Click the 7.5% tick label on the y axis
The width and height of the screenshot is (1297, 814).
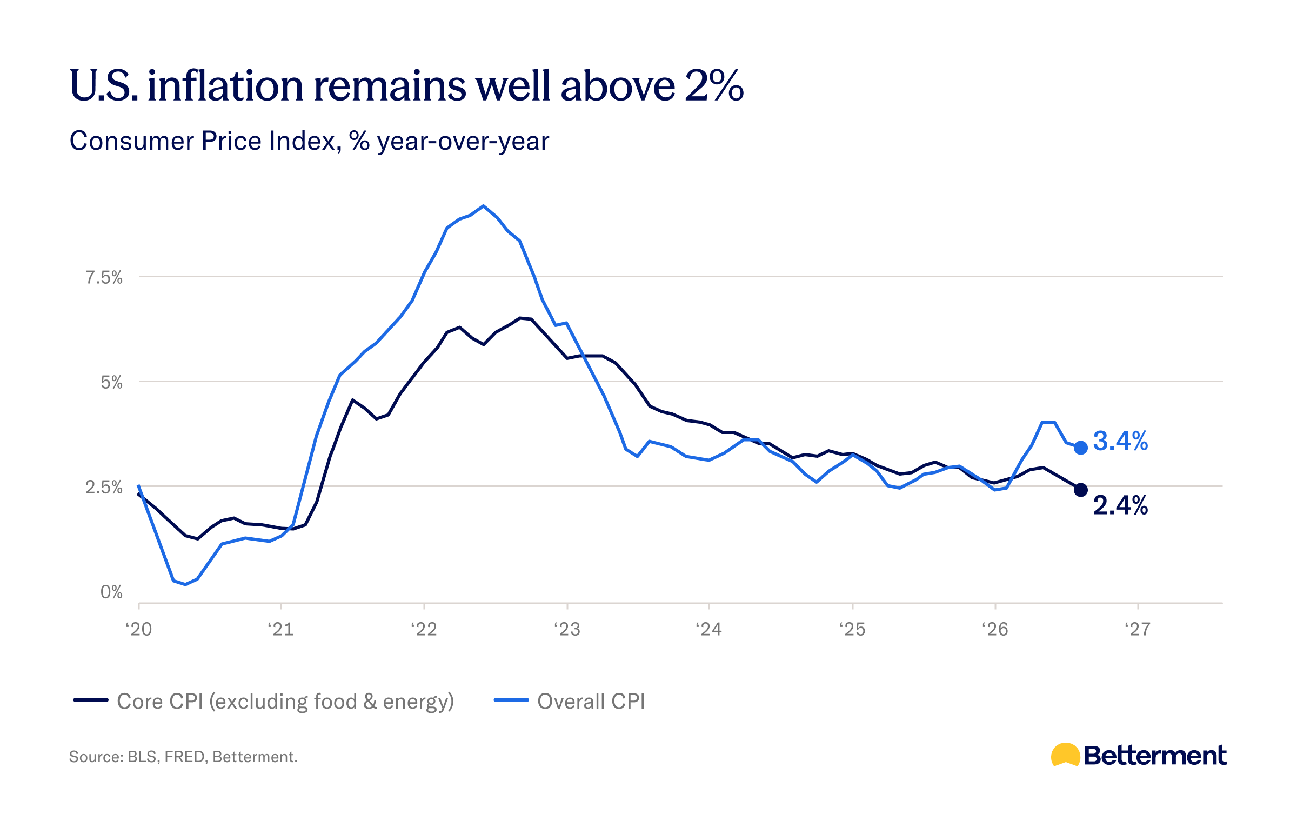pyautogui.click(x=104, y=278)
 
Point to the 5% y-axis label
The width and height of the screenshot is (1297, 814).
pyautogui.click(x=112, y=383)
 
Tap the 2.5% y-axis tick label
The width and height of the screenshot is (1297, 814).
pyautogui.click(x=104, y=488)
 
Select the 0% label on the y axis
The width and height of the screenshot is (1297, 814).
pyautogui.click(x=112, y=592)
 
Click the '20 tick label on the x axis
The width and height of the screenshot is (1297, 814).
pyautogui.click(x=139, y=629)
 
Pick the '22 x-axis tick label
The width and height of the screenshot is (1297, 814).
pyautogui.click(x=424, y=629)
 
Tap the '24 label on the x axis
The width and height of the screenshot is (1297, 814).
pyautogui.click(x=708, y=629)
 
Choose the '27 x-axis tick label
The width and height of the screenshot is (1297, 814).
pyautogui.click(x=1138, y=629)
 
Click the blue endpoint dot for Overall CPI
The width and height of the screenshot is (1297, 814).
pyautogui.click(x=1080, y=448)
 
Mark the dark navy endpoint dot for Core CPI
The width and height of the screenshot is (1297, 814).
pyautogui.click(x=1080, y=490)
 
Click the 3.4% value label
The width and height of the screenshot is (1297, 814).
pyautogui.click(x=1120, y=441)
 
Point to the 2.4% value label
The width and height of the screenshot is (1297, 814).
pyautogui.click(x=1120, y=506)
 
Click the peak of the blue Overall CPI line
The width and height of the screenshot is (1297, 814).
pyautogui.click(x=483, y=206)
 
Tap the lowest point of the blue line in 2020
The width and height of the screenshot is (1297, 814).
pyautogui.click(x=185, y=584)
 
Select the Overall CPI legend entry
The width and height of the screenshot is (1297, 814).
pyautogui.click(x=570, y=701)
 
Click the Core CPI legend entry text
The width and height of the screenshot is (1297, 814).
pyautogui.click(x=285, y=702)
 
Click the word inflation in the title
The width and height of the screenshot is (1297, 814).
pyautogui.click(x=225, y=86)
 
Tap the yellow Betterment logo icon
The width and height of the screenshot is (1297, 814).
pyautogui.click(x=1065, y=755)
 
